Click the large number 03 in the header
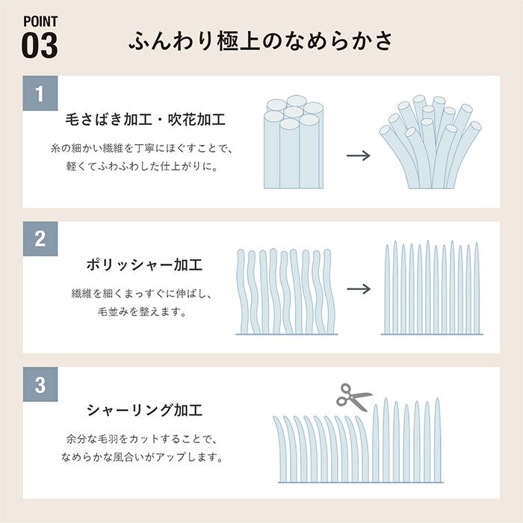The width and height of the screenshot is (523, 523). pos(39,44)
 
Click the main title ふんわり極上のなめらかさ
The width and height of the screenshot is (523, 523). pos(261,40)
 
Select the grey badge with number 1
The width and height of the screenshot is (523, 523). pos(40,94)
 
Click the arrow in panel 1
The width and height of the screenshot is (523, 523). pos(359,157)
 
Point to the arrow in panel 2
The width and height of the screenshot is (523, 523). pos(359,288)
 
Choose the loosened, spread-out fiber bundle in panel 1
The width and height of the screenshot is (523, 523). pos(429,144)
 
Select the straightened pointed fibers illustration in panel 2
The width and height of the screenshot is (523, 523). pos(431,288)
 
